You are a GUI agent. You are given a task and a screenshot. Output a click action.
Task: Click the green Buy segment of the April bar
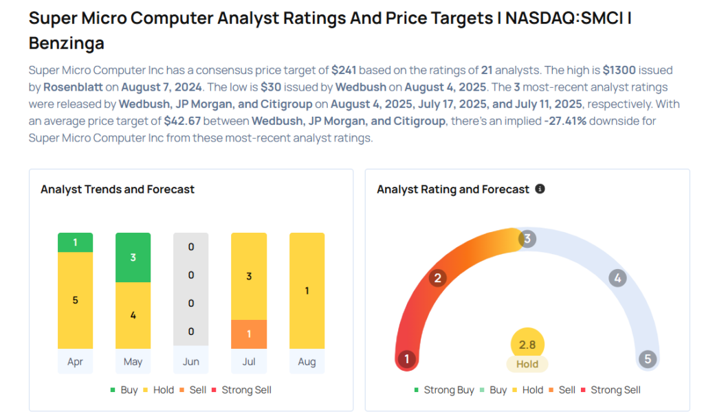(75, 242)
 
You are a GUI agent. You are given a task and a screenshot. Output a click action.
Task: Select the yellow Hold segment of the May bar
(133, 315)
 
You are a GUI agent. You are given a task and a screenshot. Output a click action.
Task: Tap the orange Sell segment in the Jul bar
(249, 334)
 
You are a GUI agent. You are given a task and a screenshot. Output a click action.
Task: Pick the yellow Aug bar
(307, 290)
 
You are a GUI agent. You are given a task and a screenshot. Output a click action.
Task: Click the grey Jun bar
(190, 289)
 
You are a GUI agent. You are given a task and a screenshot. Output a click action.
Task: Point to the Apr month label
(75, 361)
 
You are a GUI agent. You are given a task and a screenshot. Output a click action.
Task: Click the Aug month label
(307, 361)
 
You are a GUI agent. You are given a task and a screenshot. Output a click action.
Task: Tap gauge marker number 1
(407, 359)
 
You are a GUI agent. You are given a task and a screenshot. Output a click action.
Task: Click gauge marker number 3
(527, 239)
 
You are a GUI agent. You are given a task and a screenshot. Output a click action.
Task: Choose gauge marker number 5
(647, 359)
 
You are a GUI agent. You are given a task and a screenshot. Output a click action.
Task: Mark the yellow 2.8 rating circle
(527, 344)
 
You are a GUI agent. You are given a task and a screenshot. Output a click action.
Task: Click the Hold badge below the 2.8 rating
(527, 365)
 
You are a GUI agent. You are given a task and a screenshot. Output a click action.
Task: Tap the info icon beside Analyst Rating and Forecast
(540, 189)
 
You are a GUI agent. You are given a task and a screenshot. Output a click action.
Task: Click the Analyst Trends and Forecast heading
(118, 189)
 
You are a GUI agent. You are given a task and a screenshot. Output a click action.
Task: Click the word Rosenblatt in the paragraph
(71, 87)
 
